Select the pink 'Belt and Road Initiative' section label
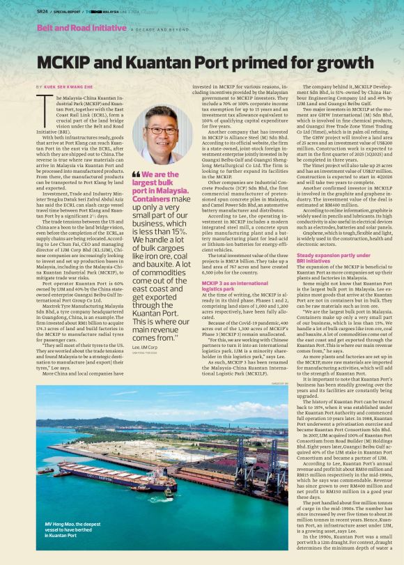click(81, 28)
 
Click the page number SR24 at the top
click(45, 12)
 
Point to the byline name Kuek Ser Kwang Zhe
click(70, 86)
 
